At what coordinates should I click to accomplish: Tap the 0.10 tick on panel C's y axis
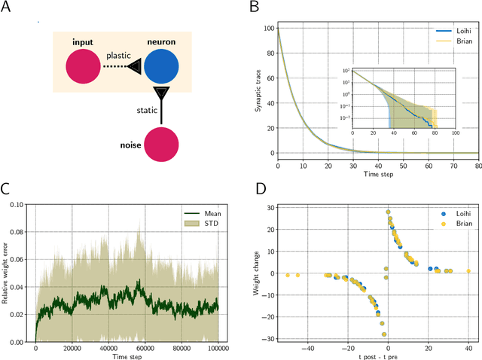pos(20,203)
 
